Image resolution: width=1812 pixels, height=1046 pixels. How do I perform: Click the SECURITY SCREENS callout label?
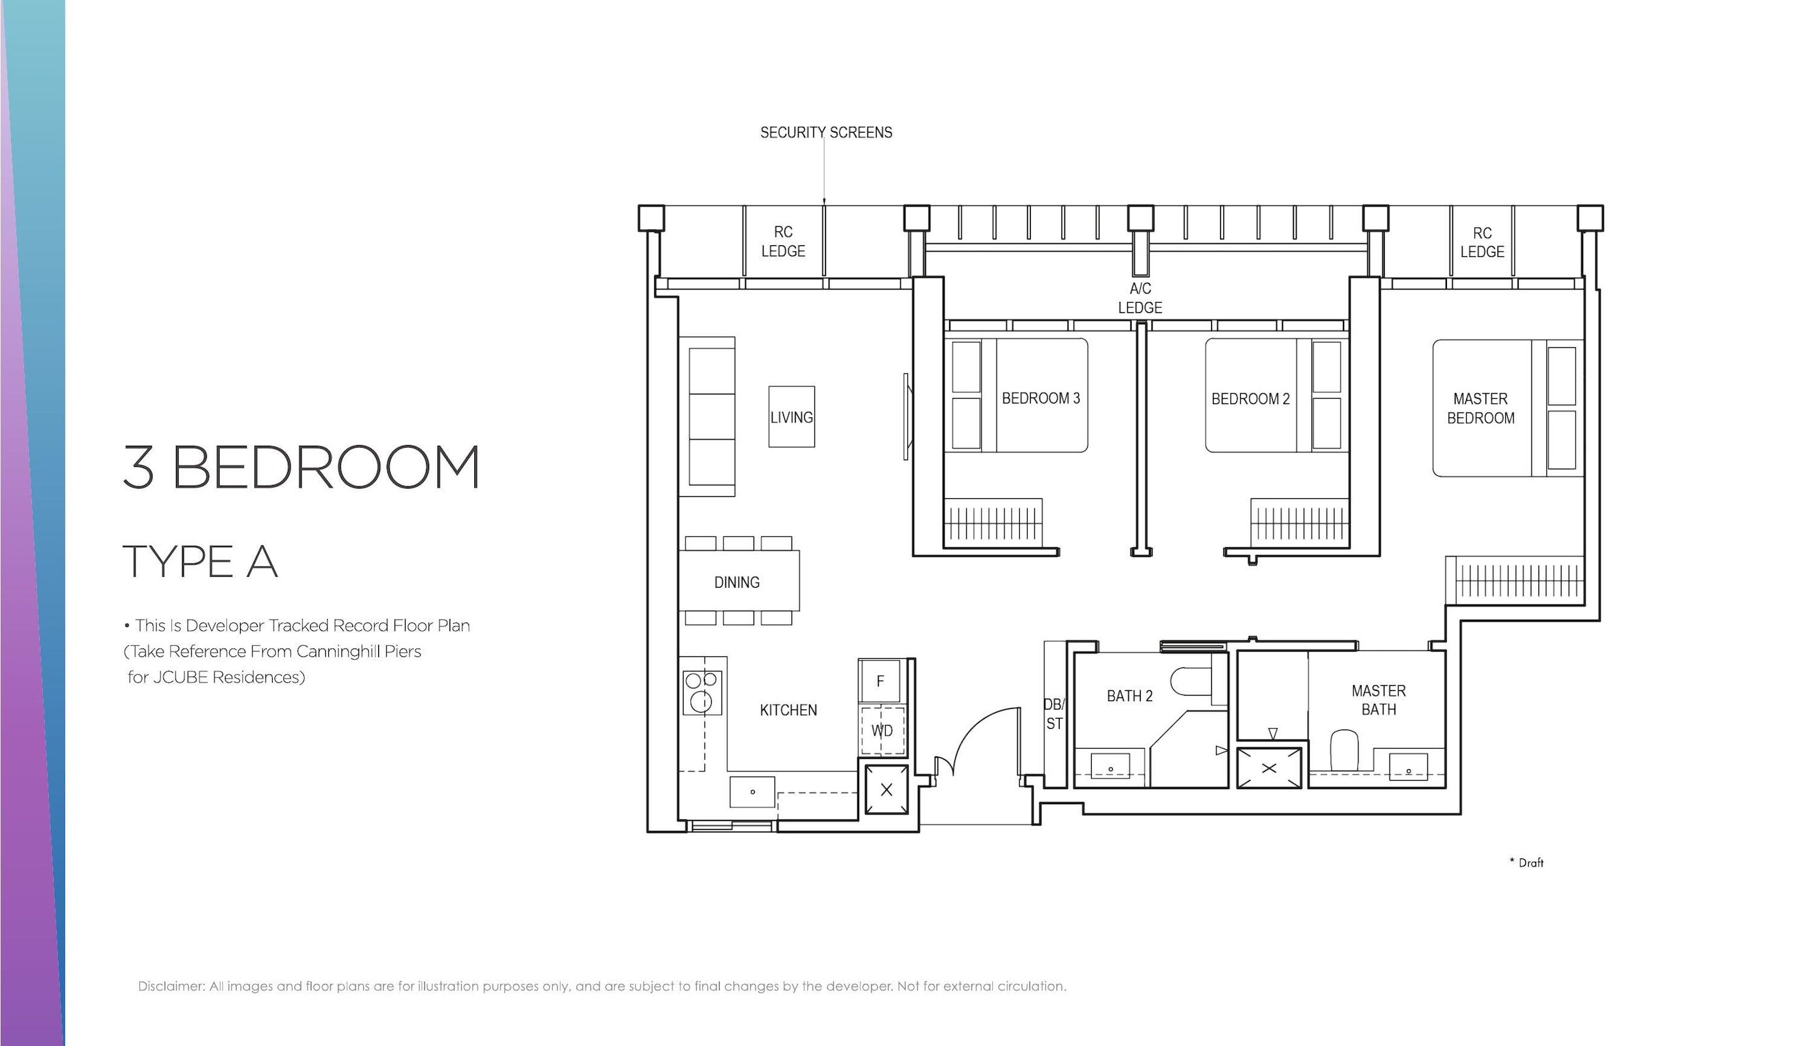pyautogui.click(x=826, y=132)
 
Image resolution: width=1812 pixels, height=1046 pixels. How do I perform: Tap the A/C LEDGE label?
pyautogui.click(x=1140, y=298)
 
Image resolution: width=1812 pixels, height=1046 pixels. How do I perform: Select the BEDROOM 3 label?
pyautogui.click(x=1041, y=398)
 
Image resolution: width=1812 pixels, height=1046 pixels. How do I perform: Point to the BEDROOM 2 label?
pyautogui.click(x=1251, y=399)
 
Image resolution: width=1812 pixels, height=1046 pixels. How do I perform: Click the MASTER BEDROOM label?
pyautogui.click(x=1480, y=408)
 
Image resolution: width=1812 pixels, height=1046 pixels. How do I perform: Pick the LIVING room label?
pyautogui.click(x=792, y=417)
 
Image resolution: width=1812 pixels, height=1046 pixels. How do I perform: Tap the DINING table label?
pyautogui.click(x=737, y=582)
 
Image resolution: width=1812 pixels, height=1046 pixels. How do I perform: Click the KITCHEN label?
pyautogui.click(x=788, y=710)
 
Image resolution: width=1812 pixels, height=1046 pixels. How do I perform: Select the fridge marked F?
pyautogui.click(x=880, y=681)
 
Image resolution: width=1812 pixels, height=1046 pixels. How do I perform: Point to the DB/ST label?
pyautogui.click(x=1054, y=713)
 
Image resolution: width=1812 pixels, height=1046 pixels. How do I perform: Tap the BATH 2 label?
pyautogui.click(x=1129, y=696)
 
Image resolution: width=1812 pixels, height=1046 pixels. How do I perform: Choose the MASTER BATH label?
pyautogui.click(x=1378, y=700)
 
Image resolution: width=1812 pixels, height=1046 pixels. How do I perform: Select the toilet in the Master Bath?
pyautogui.click(x=1344, y=750)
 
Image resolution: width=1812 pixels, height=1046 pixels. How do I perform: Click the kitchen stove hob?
pyautogui.click(x=701, y=692)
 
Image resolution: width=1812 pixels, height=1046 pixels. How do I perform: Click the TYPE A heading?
pyautogui.click(x=201, y=561)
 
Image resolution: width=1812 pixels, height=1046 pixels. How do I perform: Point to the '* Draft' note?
pyautogui.click(x=1526, y=863)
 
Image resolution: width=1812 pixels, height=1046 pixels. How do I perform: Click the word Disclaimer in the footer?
pyautogui.click(x=172, y=987)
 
